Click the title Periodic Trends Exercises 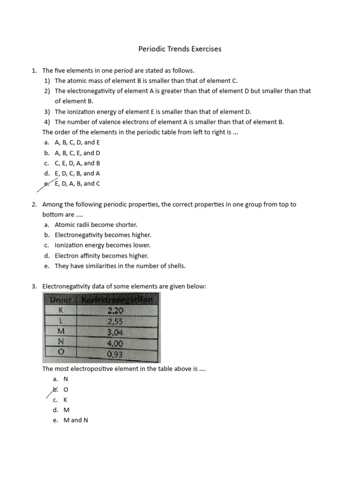pyautogui.click(x=180, y=49)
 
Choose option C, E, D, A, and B pyautogui.click(x=77, y=163)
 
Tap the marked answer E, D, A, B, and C pyautogui.click(x=77, y=184)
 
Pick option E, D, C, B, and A pyautogui.click(x=77, y=173)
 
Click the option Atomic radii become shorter pyautogui.click(x=96, y=225)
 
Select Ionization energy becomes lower pyautogui.click(x=103, y=245)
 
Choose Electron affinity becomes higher pyautogui.click(x=101, y=255)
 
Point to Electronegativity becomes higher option pyautogui.click(x=103, y=235)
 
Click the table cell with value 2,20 pyautogui.click(x=115, y=310)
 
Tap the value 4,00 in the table pyautogui.click(x=115, y=343)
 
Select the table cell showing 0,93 pyautogui.click(x=114, y=354)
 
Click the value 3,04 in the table pyautogui.click(x=115, y=332)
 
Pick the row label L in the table pyautogui.click(x=61, y=321)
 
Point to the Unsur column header pyautogui.click(x=61, y=300)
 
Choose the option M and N pyautogui.click(x=75, y=420)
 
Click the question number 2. pyautogui.click(x=34, y=204)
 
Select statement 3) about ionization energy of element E pyautogui.click(x=153, y=112)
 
